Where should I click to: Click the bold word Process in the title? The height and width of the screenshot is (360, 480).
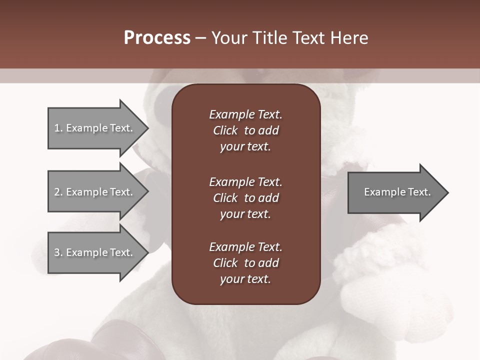tap(157, 38)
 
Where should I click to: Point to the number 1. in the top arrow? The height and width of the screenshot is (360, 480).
tap(58, 128)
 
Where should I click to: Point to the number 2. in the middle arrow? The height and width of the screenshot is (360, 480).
tap(58, 192)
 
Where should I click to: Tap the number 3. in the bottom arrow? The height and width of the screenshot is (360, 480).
tap(58, 252)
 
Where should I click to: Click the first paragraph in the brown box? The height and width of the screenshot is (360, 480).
tap(245, 130)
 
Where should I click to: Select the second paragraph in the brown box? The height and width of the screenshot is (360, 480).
tap(245, 197)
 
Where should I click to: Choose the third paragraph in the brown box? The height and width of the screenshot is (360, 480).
tap(245, 263)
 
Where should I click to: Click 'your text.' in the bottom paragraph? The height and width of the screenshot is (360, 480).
tap(245, 279)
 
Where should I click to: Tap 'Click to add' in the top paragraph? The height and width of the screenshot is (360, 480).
tap(245, 130)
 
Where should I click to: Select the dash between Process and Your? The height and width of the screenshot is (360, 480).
tap(200, 38)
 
